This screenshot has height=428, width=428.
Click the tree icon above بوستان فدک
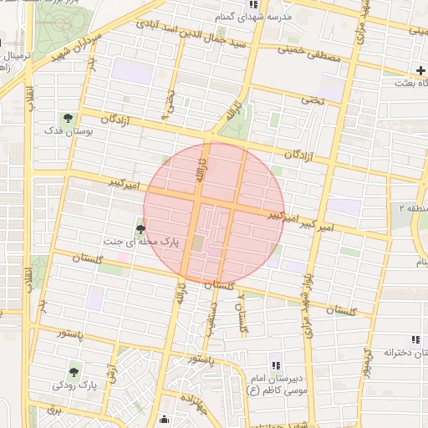coord(68,118)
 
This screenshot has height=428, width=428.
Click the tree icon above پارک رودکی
coord(74,371)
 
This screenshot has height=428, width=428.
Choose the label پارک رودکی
coord(74,385)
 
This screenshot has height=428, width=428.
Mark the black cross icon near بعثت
coord(420,72)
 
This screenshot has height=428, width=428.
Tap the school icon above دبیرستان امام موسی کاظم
coord(275,364)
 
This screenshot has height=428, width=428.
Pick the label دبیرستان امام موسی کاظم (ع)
coord(276,384)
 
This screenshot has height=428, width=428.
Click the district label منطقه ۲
coord(412,206)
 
